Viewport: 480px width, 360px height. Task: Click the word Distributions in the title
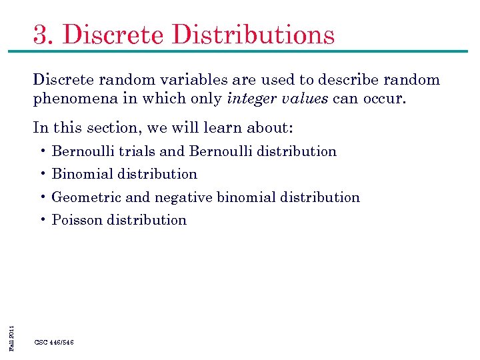tap(255, 34)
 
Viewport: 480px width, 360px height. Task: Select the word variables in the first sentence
tap(197, 80)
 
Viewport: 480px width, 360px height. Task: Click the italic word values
tap(306, 100)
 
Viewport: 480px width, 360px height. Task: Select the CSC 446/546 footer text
tap(54, 342)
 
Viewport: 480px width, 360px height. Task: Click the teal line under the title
tap(240, 51)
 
